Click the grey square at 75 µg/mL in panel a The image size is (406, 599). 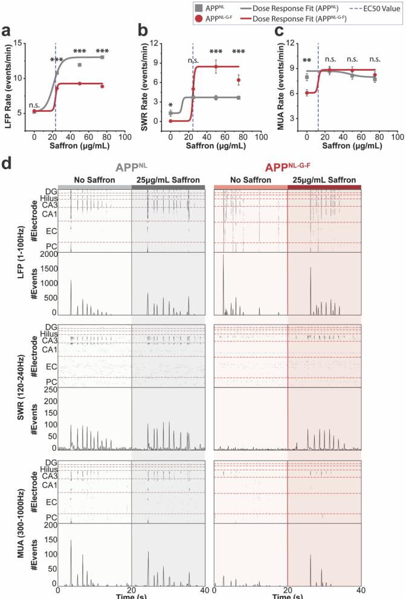[103, 57]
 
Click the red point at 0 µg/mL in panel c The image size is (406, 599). [307, 93]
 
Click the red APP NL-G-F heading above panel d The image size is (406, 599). [288, 168]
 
